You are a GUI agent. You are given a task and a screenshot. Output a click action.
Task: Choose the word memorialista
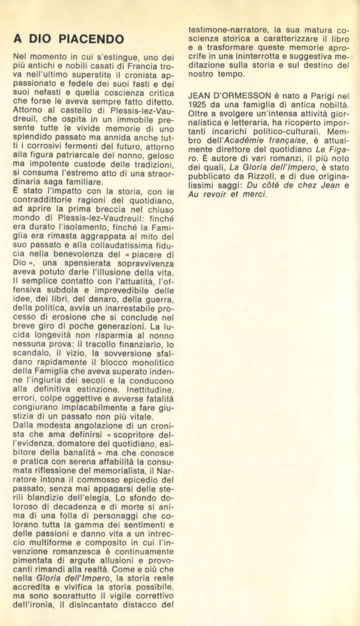coord(115,470)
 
